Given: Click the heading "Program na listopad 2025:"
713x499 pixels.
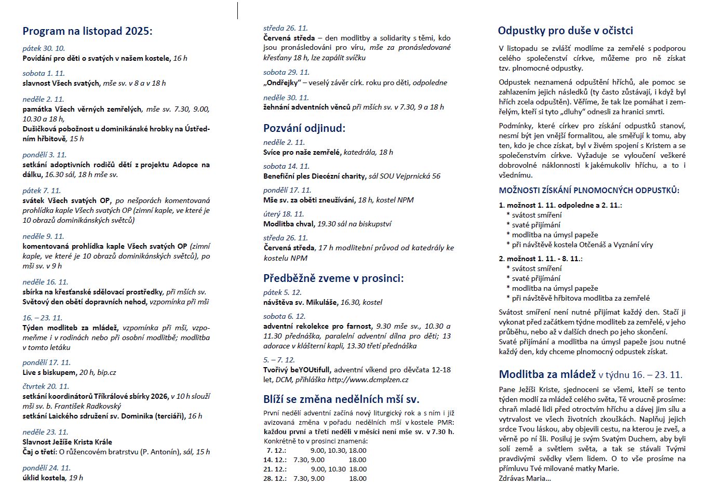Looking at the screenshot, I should pyautogui.click(x=87, y=31).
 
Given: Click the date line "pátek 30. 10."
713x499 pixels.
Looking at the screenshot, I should pyautogui.click(x=44, y=48).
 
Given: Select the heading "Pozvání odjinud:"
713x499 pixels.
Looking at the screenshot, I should pyautogui.click(x=304, y=128).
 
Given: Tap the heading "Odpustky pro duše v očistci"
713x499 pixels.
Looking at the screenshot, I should pyautogui.click(x=565, y=31).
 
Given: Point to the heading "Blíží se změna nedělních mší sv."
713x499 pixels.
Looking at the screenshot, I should pyautogui.click(x=341, y=399).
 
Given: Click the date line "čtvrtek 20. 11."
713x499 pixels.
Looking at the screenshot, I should pyautogui.click(x=46, y=386).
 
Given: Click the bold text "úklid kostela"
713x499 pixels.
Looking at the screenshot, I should pyautogui.click(x=44, y=478).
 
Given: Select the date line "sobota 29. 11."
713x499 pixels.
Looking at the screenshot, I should pyautogui.click(x=286, y=72).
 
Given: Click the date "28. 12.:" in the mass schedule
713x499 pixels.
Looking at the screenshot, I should pyautogui.click(x=275, y=478).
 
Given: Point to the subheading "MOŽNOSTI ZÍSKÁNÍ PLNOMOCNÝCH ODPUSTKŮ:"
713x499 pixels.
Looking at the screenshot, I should pyautogui.click(x=589, y=191).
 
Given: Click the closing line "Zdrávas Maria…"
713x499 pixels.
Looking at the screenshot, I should pyautogui.click(x=524, y=478).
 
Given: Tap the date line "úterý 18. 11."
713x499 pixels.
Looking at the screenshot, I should pyautogui.click(x=284, y=214).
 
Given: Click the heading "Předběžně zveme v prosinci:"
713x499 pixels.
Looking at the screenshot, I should pyautogui.click(x=333, y=278).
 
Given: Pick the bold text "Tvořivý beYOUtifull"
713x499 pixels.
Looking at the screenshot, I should pyautogui.click(x=296, y=370).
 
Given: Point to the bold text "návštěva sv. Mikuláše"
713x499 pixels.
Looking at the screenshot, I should pyautogui.click(x=300, y=302).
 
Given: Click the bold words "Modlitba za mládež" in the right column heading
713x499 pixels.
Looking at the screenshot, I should pyautogui.click(x=547, y=374).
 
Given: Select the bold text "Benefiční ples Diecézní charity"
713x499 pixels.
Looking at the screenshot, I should pyautogui.click(x=314, y=176).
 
